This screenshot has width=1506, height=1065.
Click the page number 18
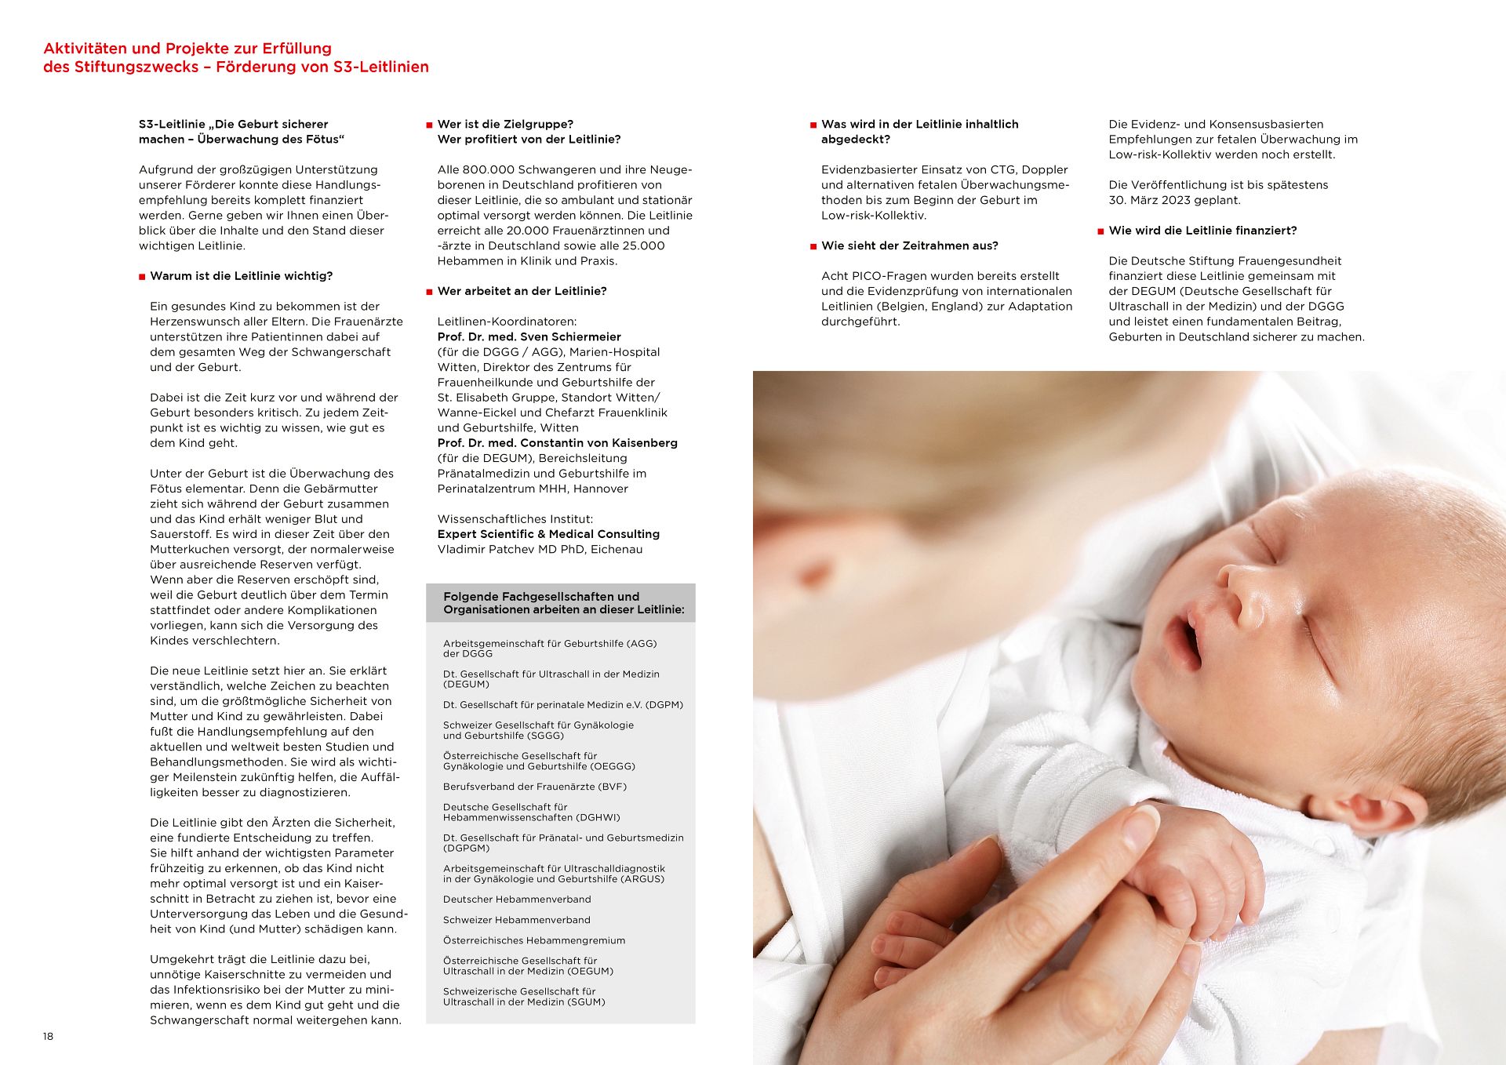[48, 1036]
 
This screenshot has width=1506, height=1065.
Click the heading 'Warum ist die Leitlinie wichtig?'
[241, 276]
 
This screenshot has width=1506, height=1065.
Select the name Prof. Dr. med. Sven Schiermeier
[529, 336]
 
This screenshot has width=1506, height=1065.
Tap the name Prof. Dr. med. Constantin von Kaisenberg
[557, 443]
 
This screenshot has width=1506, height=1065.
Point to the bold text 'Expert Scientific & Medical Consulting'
[548, 534]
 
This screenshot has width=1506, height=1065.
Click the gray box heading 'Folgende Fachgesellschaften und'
[541, 597]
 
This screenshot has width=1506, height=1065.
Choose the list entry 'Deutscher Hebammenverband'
[517, 900]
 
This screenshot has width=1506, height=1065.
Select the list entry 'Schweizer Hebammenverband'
[516, 920]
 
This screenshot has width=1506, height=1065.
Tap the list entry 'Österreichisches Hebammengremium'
[534, 940]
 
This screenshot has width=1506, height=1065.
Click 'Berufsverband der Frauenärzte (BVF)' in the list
[534, 787]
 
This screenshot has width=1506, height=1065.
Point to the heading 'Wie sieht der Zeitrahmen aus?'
[909, 245]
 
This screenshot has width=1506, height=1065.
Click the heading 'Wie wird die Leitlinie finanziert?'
[1202, 231]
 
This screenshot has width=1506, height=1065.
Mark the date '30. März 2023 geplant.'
[1174, 200]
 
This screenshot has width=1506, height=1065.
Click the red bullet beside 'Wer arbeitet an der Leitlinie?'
[429, 292]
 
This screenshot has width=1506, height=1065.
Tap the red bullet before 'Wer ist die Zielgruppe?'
[429, 125]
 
